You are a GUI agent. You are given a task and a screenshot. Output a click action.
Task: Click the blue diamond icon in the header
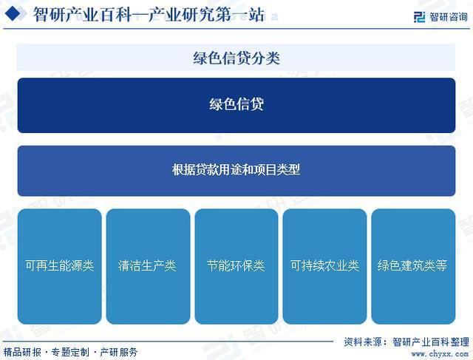tap(13, 14)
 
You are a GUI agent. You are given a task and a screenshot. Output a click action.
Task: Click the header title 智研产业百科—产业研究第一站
tap(149, 14)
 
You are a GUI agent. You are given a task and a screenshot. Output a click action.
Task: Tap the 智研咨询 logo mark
tap(419, 17)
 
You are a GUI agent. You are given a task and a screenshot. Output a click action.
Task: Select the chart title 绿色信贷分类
tap(236, 58)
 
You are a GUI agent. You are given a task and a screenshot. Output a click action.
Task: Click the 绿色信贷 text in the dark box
tap(236, 104)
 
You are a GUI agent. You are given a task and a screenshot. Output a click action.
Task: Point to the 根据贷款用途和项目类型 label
tap(236, 169)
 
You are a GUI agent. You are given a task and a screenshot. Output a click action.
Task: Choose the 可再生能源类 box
tap(60, 266)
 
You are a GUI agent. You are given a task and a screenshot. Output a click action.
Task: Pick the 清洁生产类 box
tap(148, 266)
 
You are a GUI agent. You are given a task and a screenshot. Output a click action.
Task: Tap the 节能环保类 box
tap(236, 266)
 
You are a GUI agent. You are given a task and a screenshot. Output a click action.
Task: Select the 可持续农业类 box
tap(324, 266)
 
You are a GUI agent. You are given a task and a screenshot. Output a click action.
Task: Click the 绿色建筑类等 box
tap(413, 266)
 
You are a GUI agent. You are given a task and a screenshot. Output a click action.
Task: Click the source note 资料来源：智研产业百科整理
tap(406, 342)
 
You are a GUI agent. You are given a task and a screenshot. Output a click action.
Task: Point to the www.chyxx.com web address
tap(440, 353)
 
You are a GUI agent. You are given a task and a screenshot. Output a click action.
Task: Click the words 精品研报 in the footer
tap(22, 352)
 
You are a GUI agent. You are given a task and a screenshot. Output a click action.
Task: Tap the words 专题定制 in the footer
tap(70, 352)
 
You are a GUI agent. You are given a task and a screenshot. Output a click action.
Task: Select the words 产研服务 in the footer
tap(118, 352)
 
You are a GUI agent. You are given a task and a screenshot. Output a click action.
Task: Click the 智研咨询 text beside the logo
tap(449, 17)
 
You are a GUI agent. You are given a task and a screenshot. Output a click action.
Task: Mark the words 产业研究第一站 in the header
tap(206, 14)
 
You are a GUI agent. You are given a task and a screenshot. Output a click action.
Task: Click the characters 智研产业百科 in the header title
tap(82, 14)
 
